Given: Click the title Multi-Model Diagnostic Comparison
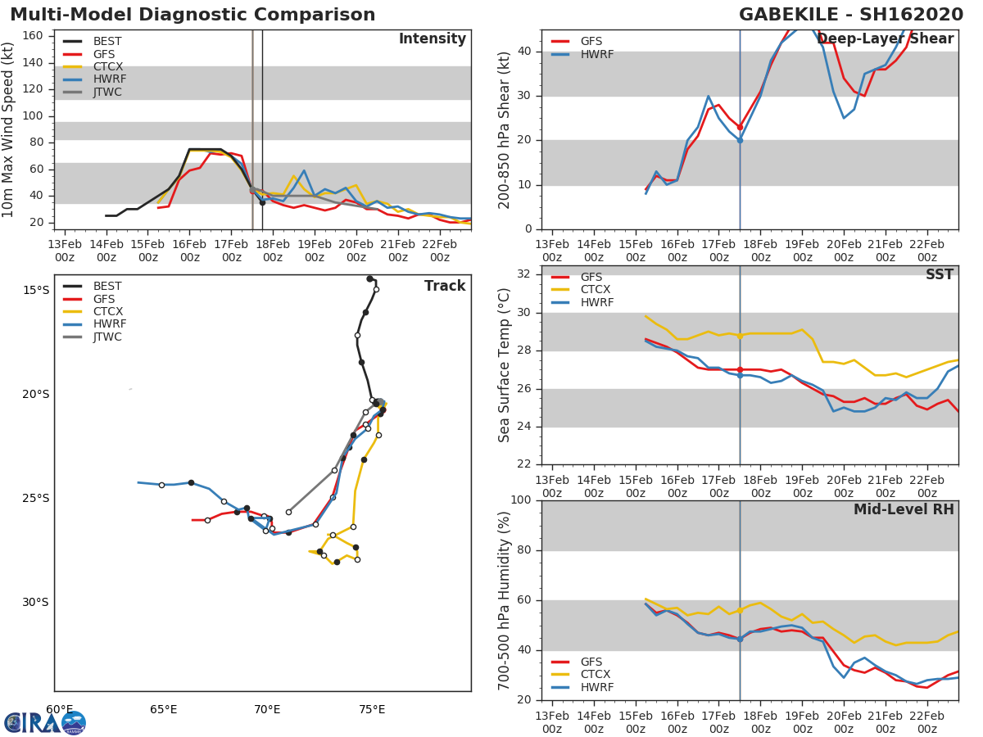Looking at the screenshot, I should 193,15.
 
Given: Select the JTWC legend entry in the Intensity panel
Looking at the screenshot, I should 107,93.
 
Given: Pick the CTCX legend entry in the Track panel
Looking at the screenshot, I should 107,311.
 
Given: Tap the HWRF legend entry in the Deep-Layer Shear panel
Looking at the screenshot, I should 596,54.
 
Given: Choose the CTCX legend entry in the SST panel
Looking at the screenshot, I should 596,290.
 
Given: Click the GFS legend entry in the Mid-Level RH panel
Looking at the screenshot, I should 591,662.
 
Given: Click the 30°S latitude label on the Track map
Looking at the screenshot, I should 35,603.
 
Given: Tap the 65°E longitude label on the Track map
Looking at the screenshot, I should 163,709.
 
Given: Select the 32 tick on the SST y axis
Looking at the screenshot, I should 523,274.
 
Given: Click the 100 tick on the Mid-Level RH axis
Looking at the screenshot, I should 519,500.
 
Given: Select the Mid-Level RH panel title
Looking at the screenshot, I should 903,509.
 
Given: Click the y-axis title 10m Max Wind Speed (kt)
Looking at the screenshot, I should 9,129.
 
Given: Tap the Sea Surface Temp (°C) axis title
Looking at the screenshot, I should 505,365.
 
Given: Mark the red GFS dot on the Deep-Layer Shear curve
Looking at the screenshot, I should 740,127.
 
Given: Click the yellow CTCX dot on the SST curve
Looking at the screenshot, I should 740,336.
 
